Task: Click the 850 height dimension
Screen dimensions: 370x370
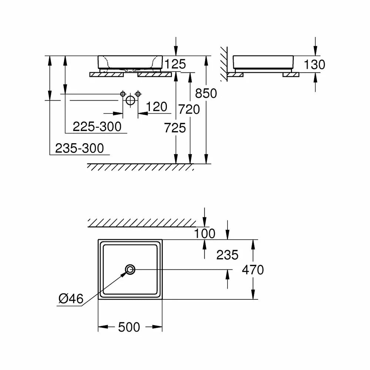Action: point(206,93)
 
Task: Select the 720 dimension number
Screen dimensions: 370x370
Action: point(189,110)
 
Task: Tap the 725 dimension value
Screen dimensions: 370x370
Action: point(175,128)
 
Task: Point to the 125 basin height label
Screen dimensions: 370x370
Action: point(175,64)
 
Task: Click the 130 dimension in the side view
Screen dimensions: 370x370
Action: point(314,64)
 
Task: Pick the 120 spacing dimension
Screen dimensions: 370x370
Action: point(157,107)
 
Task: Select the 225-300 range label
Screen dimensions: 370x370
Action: point(97,127)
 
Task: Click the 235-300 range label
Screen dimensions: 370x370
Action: point(80,148)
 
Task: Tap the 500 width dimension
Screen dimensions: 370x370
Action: point(129,327)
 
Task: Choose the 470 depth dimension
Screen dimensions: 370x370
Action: point(253,270)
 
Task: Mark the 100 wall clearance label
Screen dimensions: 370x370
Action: point(205,233)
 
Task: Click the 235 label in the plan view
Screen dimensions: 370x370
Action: point(227,255)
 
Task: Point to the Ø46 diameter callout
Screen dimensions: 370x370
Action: point(71,299)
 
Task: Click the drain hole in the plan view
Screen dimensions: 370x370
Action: point(130,269)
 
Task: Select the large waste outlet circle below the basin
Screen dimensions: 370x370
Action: point(130,101)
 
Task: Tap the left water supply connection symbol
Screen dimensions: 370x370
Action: point(123,94)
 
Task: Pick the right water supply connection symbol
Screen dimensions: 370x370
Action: point(138,94)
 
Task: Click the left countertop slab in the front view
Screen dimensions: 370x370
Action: point(107,75)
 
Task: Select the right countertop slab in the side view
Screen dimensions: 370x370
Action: point(291,75)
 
